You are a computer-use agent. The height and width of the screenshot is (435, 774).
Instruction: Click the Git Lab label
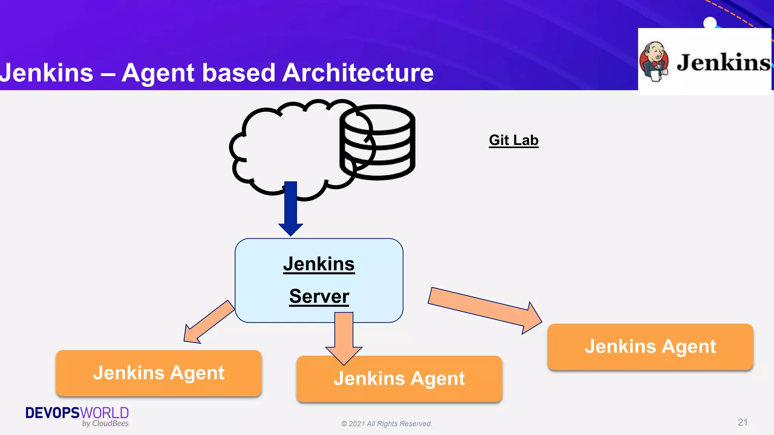[x=513, y=140]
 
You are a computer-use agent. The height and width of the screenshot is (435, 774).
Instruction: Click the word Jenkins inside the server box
[x=319, y=264]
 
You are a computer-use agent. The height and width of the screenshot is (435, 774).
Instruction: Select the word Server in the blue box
[x=319, y=296]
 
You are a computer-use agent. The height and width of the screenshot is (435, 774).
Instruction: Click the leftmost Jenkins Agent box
[x=159, y=373]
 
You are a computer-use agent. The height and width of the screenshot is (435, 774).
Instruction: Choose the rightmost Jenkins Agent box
[x=650, y=347]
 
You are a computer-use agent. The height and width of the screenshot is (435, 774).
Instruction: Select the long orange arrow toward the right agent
[x=484, y=310]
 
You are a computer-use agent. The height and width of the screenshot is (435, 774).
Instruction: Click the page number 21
[x=742, y=422]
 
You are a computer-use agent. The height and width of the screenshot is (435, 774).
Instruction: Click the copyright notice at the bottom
[x=387, y=424]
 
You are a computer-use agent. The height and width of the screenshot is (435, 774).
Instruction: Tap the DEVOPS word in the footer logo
[x=53, y=413]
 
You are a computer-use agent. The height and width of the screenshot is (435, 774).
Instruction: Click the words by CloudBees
[x=105, y=424]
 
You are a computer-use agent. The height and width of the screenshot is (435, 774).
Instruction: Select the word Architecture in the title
[x=358, y=72]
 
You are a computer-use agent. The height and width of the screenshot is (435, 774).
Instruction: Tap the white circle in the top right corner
[x=710, y=23]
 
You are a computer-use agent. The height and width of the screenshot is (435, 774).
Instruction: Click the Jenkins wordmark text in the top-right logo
[x=723, y=63]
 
